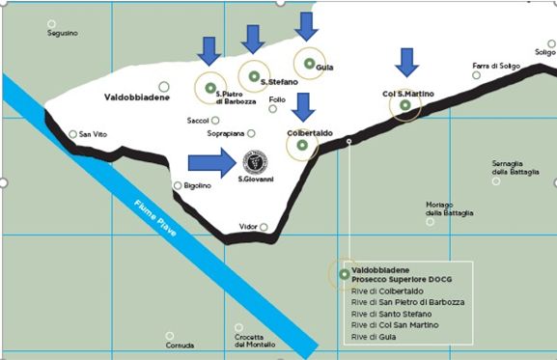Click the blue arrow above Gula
307,27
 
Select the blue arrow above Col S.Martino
406,62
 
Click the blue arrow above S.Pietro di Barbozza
209,51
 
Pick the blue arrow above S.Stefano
253,39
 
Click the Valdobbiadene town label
136,97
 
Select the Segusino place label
63,34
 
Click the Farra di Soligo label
496,66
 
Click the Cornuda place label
181,346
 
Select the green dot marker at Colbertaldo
302,146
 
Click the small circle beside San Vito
73,134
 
